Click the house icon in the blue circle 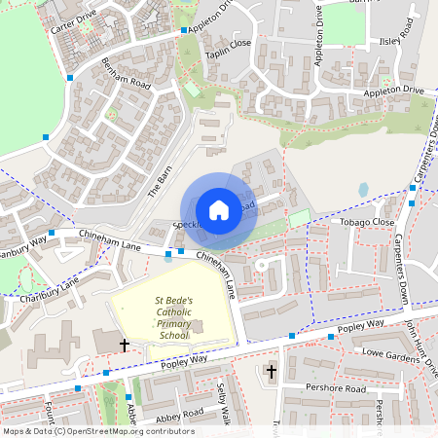click(219, 209)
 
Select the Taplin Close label click(227, 44)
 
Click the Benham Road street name click(126, 76)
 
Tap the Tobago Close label click(367, 222)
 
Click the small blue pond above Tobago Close click(363, 190)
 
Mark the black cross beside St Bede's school click(124, 345)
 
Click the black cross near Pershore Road click(272, 371)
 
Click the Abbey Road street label click(180, 412)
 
